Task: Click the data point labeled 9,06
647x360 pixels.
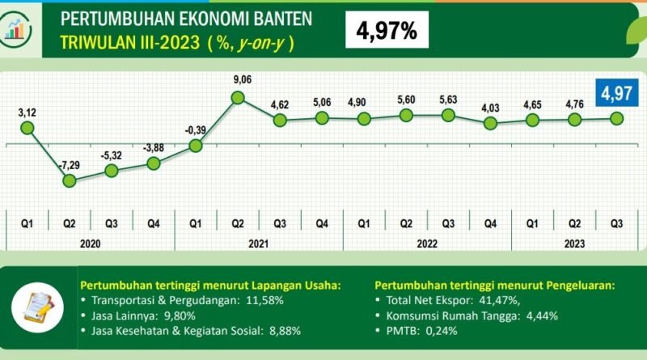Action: coord(238,98)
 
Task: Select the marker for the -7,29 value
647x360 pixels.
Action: coord(70,180)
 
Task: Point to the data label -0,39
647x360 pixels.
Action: coord(194,128)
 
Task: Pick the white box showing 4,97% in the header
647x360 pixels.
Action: coord(387,31)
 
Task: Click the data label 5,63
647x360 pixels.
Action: coord(447,100)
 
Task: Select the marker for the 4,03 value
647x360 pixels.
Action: coord(489,124)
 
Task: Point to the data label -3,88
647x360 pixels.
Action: coord(153,147)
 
